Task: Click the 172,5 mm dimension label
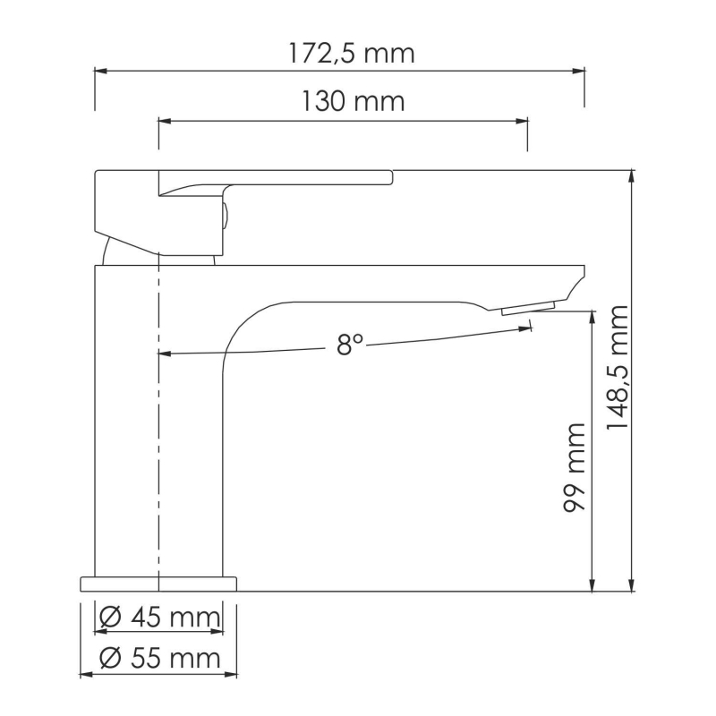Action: point(352,53)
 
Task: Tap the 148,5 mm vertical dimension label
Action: point(617,367)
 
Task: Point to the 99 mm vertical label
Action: point(575,466)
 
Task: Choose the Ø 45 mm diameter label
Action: point(159,618)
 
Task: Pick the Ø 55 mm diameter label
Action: point(159,660)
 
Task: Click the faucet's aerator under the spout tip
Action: point(528,309)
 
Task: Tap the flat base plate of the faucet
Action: point(158,584)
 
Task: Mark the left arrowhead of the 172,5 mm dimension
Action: point(99,69)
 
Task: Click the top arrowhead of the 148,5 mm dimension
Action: point(632,175)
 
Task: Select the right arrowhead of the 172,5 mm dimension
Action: point(580,69)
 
